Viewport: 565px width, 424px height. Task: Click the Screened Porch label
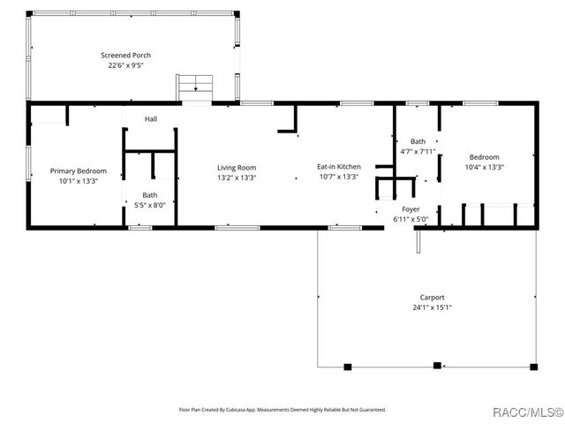click(x=130, y=55)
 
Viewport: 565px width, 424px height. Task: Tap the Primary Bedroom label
click(x=78, y=170)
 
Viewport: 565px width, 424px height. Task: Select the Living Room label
click(x=237, y=167)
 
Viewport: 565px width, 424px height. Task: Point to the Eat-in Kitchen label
click(x=339, y=166)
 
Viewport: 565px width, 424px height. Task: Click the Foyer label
click(x=411, y=209)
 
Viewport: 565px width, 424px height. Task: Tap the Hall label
click(x=151, y=119)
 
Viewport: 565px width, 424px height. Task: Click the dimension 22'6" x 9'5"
click(x=130, y=65)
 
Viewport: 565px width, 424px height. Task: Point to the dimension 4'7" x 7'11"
click(x=418, y=151)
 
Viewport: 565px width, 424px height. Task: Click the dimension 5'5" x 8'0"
click(x=150, y=205)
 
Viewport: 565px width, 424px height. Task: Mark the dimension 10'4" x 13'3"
click(x=484, y=167)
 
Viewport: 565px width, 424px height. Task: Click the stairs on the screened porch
click(x=196, y=87)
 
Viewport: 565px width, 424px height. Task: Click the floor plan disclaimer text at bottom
click(x=282, y=410)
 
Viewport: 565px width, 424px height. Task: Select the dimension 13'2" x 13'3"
click(x=237, y=177)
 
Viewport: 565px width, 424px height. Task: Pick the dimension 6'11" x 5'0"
click(x=411, y=219)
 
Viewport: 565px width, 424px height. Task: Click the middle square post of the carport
click(x=436, y=366)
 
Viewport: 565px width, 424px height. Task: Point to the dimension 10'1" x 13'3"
click(x=78, y=181)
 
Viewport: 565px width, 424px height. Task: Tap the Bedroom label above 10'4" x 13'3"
click(x=484, y=157)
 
